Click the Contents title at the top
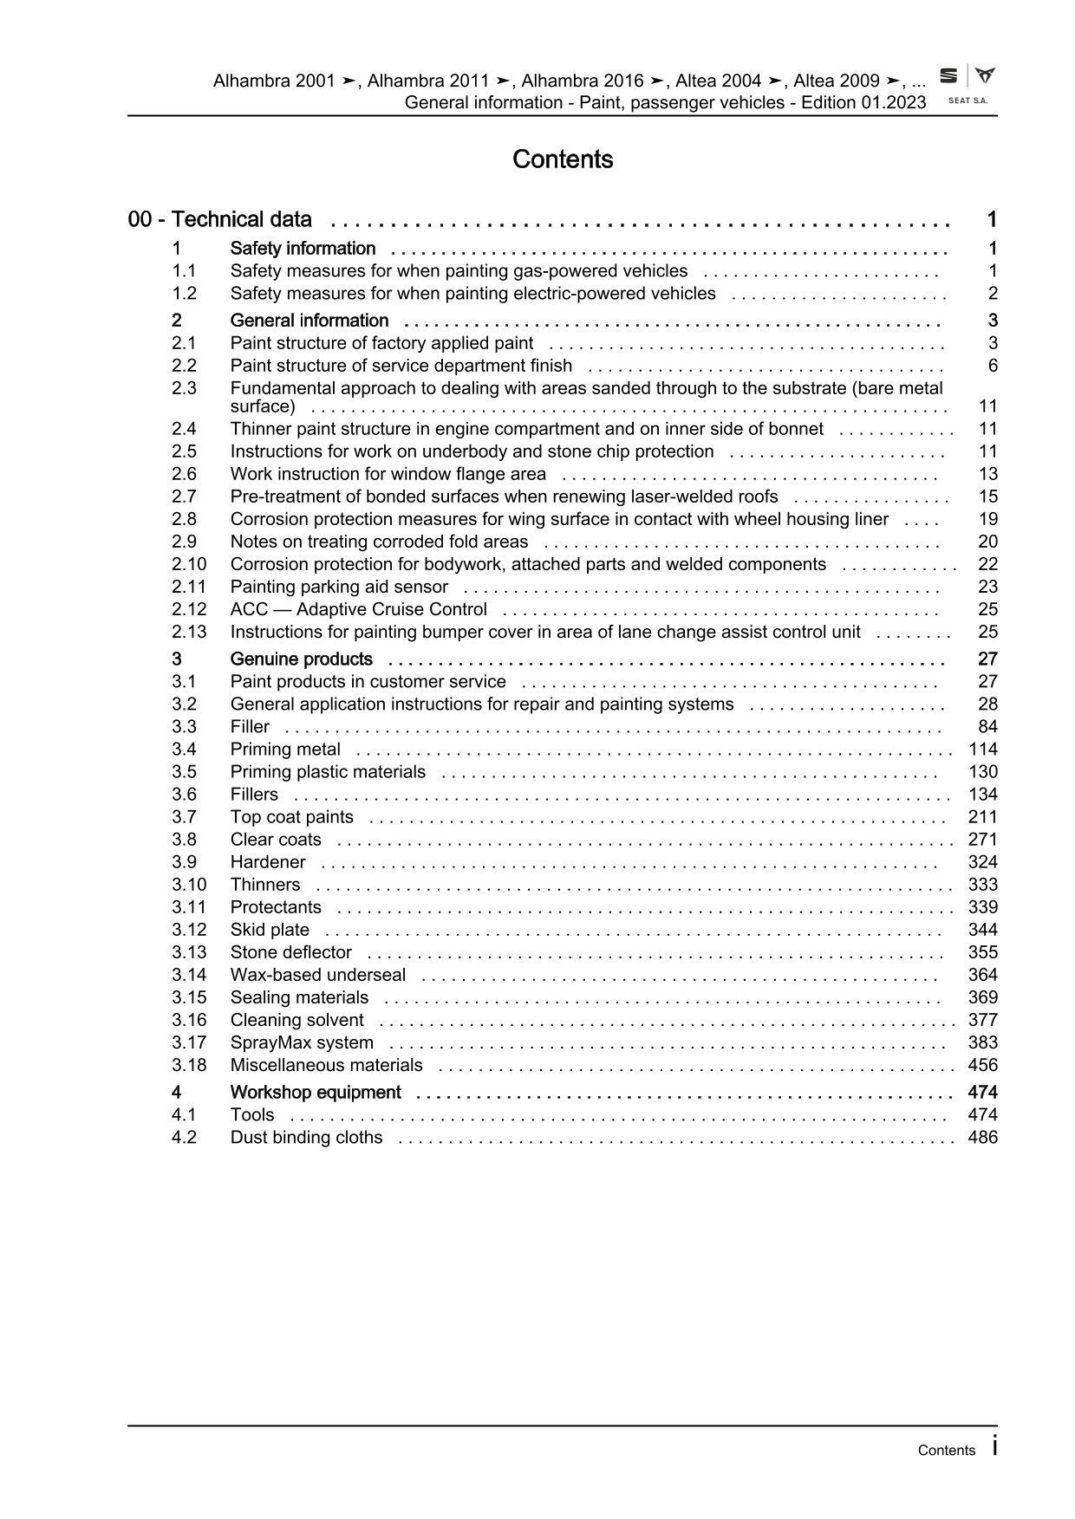coord(563,159)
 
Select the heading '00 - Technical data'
coord(220,219)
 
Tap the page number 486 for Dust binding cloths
coord(982,1138)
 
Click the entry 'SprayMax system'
coord(302,1042)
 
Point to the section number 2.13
coord(189,632)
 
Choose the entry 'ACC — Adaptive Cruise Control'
coord(358,609)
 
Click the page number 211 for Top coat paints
coord(982,817)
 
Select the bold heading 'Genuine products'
coord(301,659)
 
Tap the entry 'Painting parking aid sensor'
coord(339,587)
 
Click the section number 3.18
coord(189,1065)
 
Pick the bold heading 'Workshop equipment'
coord(316,1093)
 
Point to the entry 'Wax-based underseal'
coord(317,975)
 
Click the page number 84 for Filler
coord(987,727)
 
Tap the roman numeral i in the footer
coord(994,1446)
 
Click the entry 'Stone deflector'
coord(290,952)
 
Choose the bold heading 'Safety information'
coord(303,249)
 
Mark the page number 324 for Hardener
coord(982,862)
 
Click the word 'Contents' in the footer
coord(946,1451)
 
